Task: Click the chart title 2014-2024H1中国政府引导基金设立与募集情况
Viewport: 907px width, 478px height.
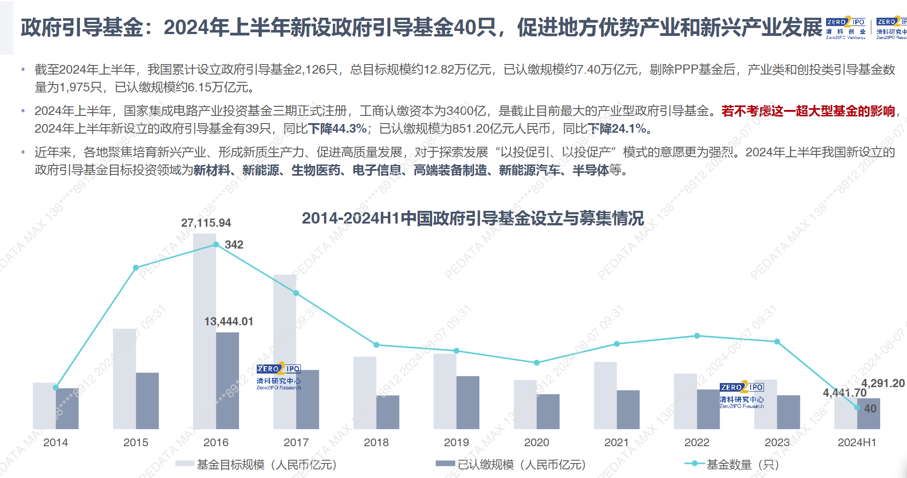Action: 473,219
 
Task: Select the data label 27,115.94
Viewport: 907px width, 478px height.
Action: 206,223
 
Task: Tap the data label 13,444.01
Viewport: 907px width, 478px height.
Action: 229,322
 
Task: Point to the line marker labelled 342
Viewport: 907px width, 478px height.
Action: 216,244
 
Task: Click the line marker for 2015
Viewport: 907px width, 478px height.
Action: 136,268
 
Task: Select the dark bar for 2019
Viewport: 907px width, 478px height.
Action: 468,402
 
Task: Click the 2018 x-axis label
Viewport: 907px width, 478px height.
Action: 376,442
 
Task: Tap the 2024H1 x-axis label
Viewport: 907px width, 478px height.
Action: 857,442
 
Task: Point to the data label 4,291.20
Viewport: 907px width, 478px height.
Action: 883,383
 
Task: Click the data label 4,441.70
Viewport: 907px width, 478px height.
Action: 844,393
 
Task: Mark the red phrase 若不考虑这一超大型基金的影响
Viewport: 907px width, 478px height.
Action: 808,111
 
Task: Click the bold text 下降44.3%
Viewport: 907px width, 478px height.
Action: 337,129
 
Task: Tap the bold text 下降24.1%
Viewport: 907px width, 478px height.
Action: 617,129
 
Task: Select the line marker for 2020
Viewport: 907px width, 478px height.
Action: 537,363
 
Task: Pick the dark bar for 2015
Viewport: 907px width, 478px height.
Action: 147,400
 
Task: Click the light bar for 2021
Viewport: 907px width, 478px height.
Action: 605,395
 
